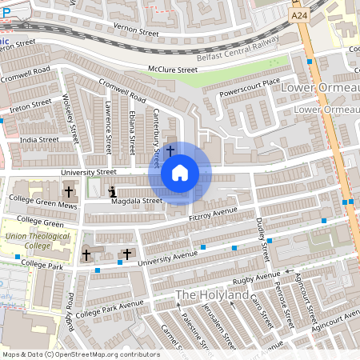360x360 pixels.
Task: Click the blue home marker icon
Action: point(180,172)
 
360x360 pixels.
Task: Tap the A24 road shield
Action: point(299,15)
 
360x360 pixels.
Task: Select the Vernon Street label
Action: point(138,33)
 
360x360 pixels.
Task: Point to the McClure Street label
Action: point(172,70)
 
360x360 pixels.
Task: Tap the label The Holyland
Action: point(213,294)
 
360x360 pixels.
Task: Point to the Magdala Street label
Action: point(136,201)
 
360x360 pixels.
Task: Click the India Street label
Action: point(40,139)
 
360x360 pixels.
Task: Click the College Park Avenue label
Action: point(110,308)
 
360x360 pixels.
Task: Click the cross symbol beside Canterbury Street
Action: point(170,150)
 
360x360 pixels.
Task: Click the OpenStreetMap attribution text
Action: point(81,354)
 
